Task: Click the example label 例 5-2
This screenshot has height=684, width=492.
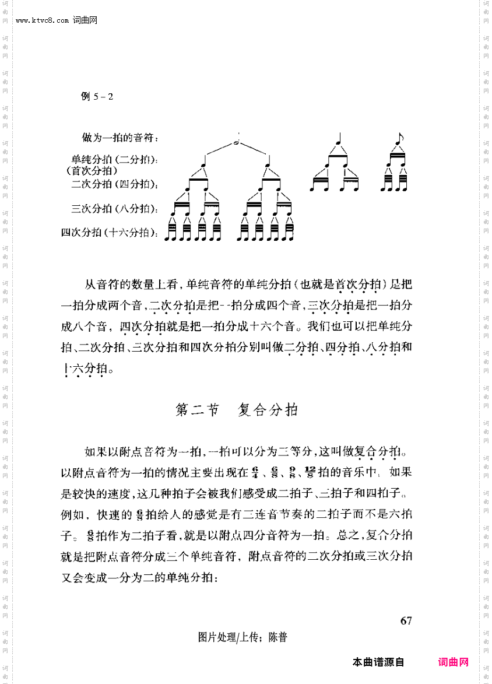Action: coord(97,96)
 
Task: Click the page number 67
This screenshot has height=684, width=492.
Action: coord(406,620)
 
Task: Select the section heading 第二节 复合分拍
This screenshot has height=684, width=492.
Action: coord(237,411)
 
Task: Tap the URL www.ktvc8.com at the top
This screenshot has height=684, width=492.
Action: coord(43,21)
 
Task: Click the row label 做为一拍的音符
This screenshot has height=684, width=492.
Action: coord(121,138)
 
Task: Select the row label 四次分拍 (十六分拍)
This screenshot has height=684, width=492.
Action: coord(110,233)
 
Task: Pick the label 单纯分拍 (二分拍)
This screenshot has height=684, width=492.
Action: coord(115,159)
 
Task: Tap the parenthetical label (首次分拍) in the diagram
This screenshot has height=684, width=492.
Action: coord(92,171)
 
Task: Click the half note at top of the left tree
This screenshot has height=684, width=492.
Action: coord(237,141)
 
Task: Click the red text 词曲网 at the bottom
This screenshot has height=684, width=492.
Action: coord(453,662)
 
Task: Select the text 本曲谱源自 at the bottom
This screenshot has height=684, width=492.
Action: coord(378,662)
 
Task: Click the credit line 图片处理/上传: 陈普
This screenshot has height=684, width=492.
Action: coord(243,637)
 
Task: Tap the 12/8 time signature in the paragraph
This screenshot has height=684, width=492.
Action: coord(310,472)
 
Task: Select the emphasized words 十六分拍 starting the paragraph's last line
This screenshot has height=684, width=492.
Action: coord(86,369)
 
